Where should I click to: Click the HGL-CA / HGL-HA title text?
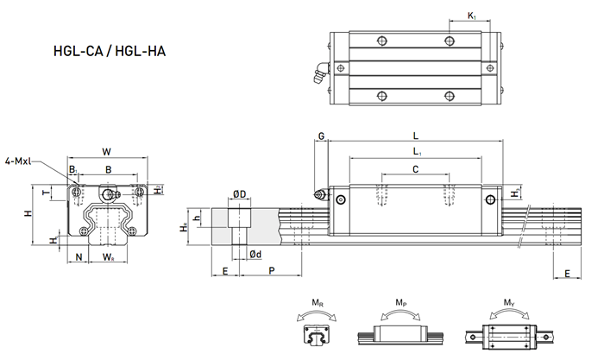pyautogui.click(x=110, y=51)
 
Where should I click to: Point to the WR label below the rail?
pyautogui.click(x=108, y=256)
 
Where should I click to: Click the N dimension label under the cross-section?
pyautogui.click(x=79, y=256)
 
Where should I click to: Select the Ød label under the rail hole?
pyautogui.click(x=255, y=254)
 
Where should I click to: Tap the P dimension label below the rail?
pyautogui.click(x=272, y=271)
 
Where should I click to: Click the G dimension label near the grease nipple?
pyautogui.click(x=321, y=136)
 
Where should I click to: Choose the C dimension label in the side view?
pyautogui.click(x=415, y=169)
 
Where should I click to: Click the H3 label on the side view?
pyautogui.click(x=515, y=193)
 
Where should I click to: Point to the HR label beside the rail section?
pyautogui.click(x=182, y=227)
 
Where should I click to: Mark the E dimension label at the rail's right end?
pyautogui.click(x=567, y=273)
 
